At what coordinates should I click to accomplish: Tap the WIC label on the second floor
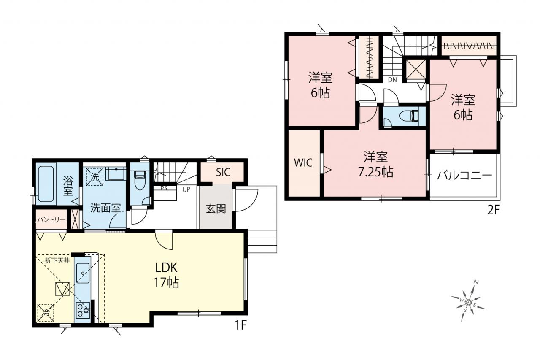pos(303,163)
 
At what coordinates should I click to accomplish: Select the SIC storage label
pos(223,173)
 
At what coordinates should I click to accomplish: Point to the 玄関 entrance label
pos(216,209)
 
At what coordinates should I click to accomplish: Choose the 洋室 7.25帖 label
pos(375,165)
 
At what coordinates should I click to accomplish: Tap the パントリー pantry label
pos(51,220)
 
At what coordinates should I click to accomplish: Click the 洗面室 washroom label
pos(105,208)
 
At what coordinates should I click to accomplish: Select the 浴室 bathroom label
pos(68,185)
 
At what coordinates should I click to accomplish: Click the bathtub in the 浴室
pos(46,184)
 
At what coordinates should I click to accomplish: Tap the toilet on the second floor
pos(409,116)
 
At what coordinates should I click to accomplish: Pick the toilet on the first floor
pos(140,180)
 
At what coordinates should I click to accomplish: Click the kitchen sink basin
pos(83,273)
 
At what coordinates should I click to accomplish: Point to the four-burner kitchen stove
pos(83,310)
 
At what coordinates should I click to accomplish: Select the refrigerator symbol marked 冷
pos(45,313)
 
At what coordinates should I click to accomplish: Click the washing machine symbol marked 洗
pos(94,177)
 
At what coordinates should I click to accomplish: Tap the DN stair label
pos(392,80)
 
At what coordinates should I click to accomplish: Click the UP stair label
pos(186,189)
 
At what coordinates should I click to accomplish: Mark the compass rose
pos(468,301)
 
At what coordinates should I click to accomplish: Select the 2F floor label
pos(494,211)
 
